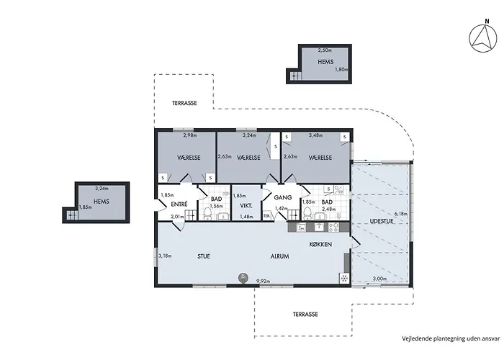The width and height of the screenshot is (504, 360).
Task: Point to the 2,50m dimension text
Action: (x=325, y=50)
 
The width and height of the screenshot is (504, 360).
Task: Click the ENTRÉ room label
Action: (x=179, y=204)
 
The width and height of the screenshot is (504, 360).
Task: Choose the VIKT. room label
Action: (x=246, y=205)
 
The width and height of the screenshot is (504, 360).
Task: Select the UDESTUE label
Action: (x=381, y=222)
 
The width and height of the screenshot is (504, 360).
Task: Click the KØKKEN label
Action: (x=320, y=245)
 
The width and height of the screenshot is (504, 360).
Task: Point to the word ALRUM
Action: (x=280, y=256)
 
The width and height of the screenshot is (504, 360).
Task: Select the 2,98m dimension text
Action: (x=189, y=135)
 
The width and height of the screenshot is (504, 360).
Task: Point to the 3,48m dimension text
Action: (x=315, y=135)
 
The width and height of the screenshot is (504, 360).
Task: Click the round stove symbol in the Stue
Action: (x=243, y=277)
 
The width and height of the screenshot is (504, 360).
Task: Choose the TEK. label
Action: (x=266, y=215)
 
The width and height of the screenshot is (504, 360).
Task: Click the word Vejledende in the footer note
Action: (x=417, y=337)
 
